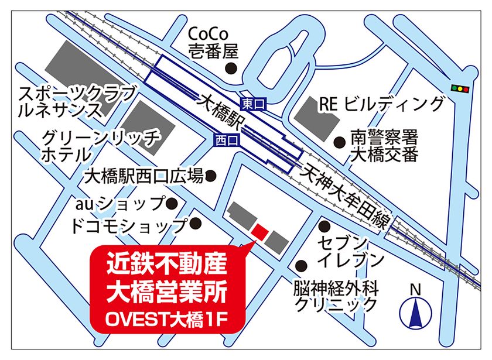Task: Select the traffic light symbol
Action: (x=462, y=88)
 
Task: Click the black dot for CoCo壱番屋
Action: (x=231, y=68)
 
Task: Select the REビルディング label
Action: (x=381, y=104)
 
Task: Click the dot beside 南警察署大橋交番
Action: (x=339, y=141)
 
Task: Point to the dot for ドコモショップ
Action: (x=197, y=224)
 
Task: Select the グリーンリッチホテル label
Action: (x=100, y=147)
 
